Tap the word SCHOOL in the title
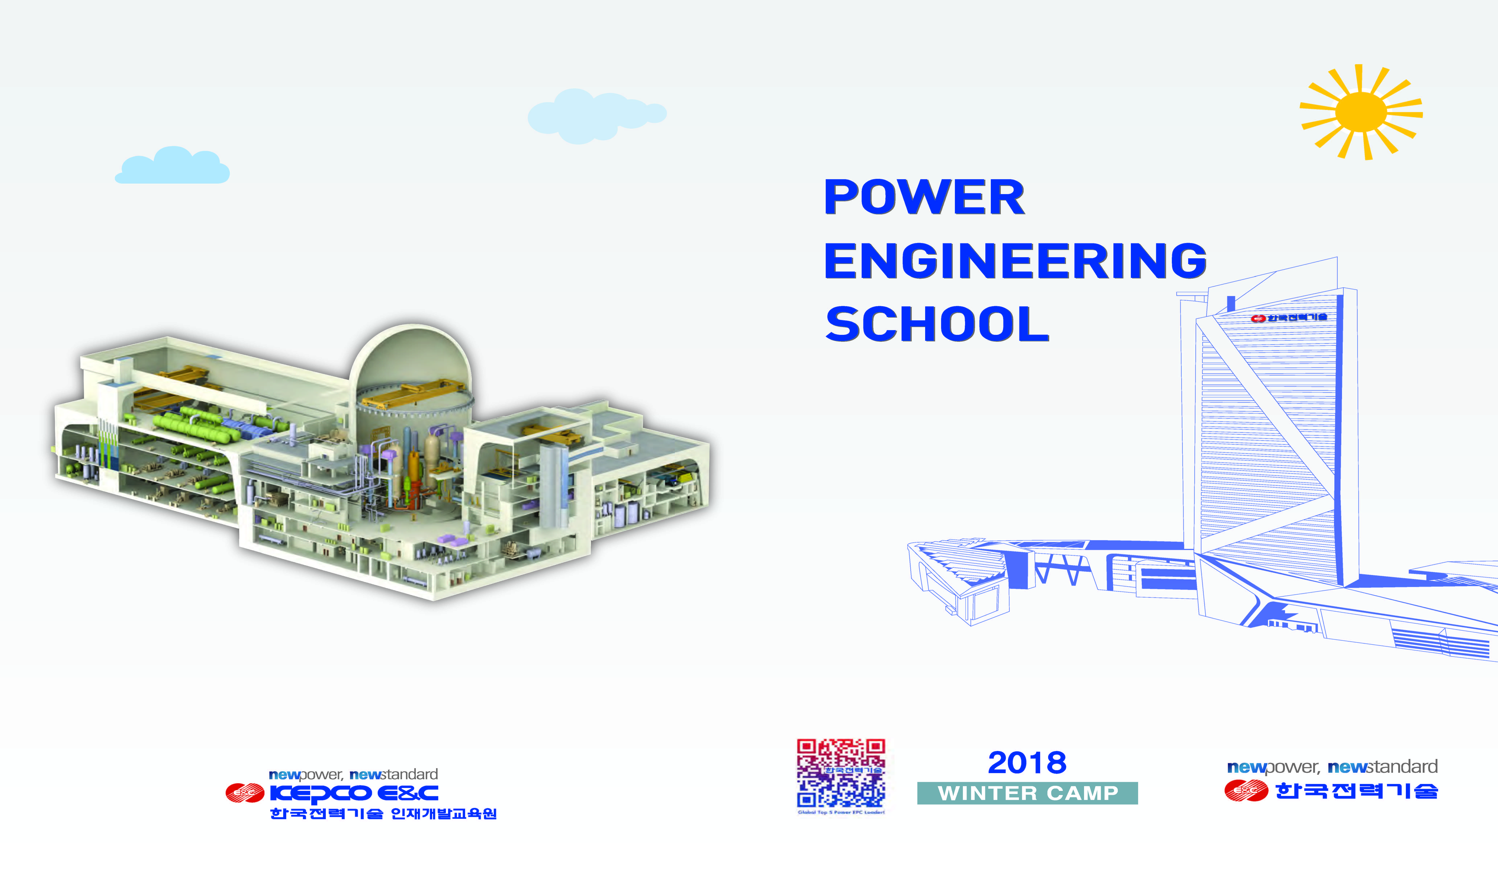[937, 324]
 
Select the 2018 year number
[1027, 763]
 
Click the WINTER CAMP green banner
[1027, 793]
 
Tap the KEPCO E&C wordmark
[354, 793]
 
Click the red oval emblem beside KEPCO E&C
[244, 793]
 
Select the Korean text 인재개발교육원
[444, 814]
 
